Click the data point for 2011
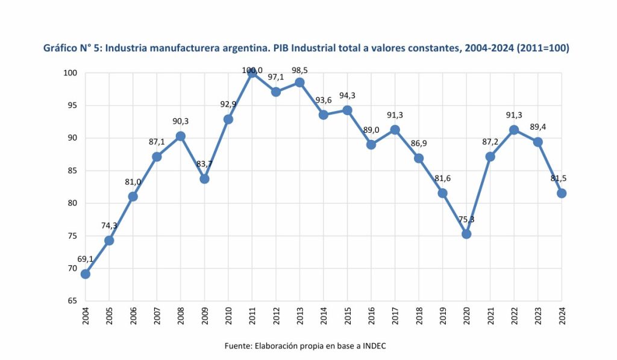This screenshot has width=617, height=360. (x=252, y=73)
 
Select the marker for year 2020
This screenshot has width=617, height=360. (x=466, y=234)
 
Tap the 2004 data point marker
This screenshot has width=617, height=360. (x=86, y=274)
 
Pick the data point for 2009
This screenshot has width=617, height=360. (x=204, y=179)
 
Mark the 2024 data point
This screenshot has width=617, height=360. (x=562, y=193)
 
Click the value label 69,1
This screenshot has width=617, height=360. (x=85, y=260)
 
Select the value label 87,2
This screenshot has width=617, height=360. (x=490, y=142)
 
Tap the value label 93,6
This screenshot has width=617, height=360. (x=323, y=100)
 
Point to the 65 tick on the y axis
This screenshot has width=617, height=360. (x=73, y=300)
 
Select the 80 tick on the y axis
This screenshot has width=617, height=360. (x=73, y=203)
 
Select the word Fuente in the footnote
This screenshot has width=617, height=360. (x=237, y=346)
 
